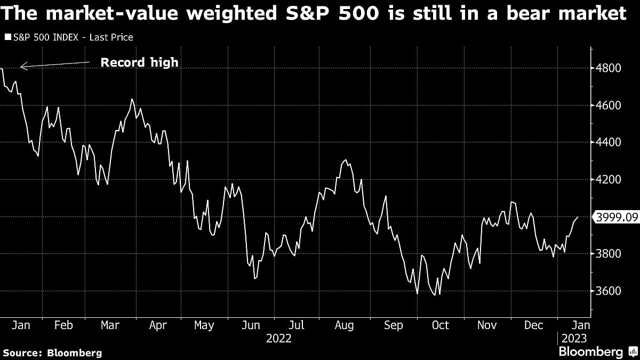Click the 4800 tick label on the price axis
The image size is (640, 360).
(609, 68)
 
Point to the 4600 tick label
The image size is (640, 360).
(609, 106)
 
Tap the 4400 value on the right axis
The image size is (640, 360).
(609, 142)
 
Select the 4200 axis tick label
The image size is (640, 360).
(609, 180)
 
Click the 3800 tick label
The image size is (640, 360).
(609, 254)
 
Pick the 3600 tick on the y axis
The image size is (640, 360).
(609, 291)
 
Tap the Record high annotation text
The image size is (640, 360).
(140, 62)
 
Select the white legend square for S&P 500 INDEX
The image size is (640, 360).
(7, 37)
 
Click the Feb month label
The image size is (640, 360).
(64, 325)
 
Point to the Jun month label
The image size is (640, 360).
(251, 325)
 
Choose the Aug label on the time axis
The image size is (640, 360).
(344, 325)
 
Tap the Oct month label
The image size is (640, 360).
(440, 325)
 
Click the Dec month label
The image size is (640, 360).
(533, 325)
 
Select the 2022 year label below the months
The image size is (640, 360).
(278, 338)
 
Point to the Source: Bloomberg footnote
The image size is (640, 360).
(52, 353)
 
